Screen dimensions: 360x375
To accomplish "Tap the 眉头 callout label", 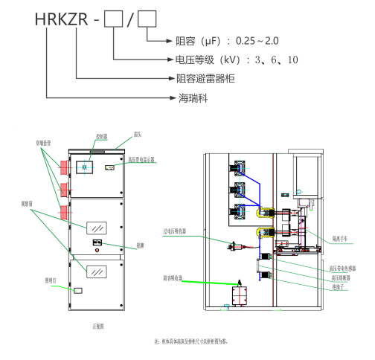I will pyautogui.click(x=137, y=136).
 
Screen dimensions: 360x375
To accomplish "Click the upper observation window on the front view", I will pyautogui.click(x=96, y=228).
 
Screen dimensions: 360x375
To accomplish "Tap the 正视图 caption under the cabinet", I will pyautogui.click(x=96, y=326).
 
